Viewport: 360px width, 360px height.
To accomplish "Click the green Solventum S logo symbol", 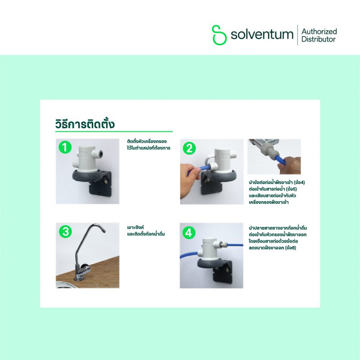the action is click(219, 35).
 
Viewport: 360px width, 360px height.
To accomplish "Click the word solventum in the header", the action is click(262, 35).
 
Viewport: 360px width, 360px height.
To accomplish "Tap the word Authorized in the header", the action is click(319, 31).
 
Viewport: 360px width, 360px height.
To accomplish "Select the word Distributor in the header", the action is click(319, 39).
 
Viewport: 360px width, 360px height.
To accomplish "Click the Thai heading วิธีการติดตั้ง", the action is click(85, 124).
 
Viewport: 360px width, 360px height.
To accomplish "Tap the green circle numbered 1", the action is click(65, 147).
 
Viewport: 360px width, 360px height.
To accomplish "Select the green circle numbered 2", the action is click(189, 148).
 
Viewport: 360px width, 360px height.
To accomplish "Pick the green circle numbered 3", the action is click(65, 231).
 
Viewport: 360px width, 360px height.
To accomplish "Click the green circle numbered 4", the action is click(189, 233).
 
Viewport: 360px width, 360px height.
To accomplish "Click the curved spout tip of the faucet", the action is click(103, 230).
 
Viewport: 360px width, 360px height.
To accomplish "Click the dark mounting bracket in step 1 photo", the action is click(100, 183).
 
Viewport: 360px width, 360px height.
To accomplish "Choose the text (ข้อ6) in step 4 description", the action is click(290, 248).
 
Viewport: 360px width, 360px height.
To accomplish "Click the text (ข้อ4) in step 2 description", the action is click(299, 183).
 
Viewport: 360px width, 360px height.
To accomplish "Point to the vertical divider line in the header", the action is click(297, 35).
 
